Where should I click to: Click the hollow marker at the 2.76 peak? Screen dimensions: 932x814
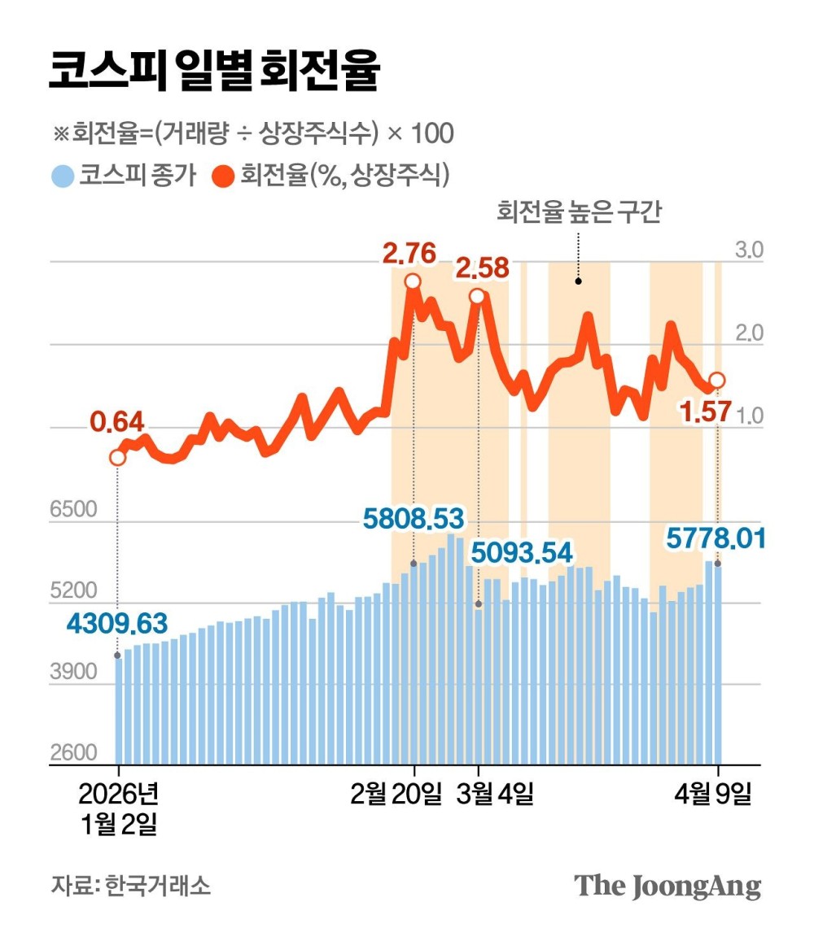tap(413, 281)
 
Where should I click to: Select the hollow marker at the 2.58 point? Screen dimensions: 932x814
tap(478, 297)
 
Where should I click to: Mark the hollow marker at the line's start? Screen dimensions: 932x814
tap(117, 457)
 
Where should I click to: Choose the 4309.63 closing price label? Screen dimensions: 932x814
tap(116, 624)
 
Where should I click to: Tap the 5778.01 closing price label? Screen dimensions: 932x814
tap(715, 538)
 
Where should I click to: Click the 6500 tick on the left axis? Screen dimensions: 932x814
tap(73, 510)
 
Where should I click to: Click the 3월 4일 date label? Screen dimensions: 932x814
tap(495, 793)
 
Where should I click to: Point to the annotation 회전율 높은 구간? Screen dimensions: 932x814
tap(580, 213)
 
